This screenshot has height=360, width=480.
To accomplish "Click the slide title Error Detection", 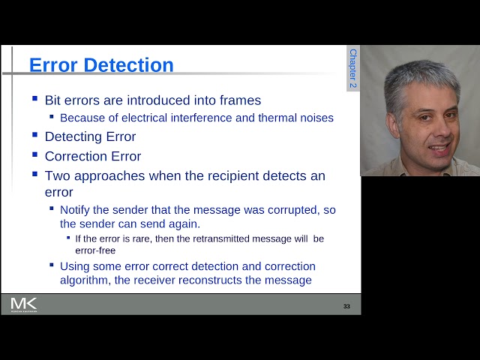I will [101, 65].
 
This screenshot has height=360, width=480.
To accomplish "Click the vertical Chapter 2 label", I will [353, 69].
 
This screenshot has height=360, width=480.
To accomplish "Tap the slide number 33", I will [346, 306].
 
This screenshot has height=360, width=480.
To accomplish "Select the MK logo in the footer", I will [24, 304].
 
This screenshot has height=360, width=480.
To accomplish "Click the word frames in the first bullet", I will [237, 100].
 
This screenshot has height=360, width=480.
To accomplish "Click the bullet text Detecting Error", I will [90, 136].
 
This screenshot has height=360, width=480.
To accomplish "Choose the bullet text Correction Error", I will [93, 156].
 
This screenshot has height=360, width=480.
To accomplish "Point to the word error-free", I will [95, 250].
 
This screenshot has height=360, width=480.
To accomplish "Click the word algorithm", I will [86, 280].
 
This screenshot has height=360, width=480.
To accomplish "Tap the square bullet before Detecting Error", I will [34, 135].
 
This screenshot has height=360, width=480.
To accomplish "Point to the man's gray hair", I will [420, 75].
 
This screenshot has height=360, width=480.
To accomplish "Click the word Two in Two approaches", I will [57, 175].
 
